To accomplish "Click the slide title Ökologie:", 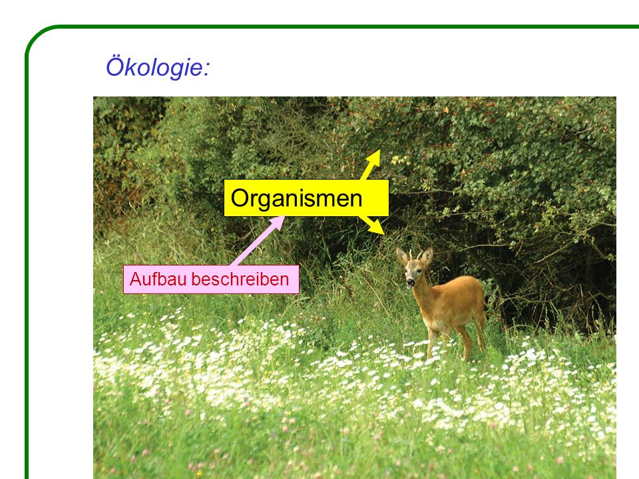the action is [x=158, y=67].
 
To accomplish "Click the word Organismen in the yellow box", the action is [x=296, y=198].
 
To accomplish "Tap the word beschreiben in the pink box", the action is [x=240, y=279].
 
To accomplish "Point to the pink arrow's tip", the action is [x=284, y=216].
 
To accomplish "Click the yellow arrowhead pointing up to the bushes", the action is [x=374, y=158].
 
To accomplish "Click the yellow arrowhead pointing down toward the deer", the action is [x=377, y=228].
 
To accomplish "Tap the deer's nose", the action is [x=411, y=282].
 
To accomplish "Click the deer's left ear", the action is [x=427, y=257].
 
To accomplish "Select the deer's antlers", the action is [x=415, y=255].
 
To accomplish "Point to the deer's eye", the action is [x=419, y=271].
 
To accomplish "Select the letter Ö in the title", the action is [x=114, y=67].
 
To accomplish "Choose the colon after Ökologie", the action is [x=206, y=69].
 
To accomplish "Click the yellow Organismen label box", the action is [x=306, y=198].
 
